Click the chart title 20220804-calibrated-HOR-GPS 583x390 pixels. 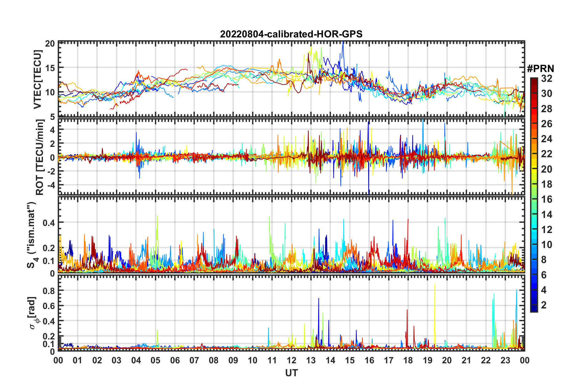(x=291, y=34)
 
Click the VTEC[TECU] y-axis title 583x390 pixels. (x=37, y=79)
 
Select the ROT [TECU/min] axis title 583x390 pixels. (x=40, y=157)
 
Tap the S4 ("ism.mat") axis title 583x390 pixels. (x=32, y=235)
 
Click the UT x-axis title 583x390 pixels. (x=291, y=373)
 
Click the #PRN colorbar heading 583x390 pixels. (x=540, y=69)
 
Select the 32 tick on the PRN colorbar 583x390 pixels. (x=547, y=78)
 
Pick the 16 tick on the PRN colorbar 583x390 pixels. (x=547, y=199)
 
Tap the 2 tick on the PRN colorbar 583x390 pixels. (x=544, y=305)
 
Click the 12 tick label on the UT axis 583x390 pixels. (x=291, y=360)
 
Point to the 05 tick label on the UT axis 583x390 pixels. (x=155, y=360)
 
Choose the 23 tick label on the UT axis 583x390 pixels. (x=505, y=360)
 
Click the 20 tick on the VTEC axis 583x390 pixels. (x=50, y=44)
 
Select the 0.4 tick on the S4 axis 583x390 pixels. (x=49, y=223)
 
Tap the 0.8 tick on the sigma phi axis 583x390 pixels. (x=49, y=291)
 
